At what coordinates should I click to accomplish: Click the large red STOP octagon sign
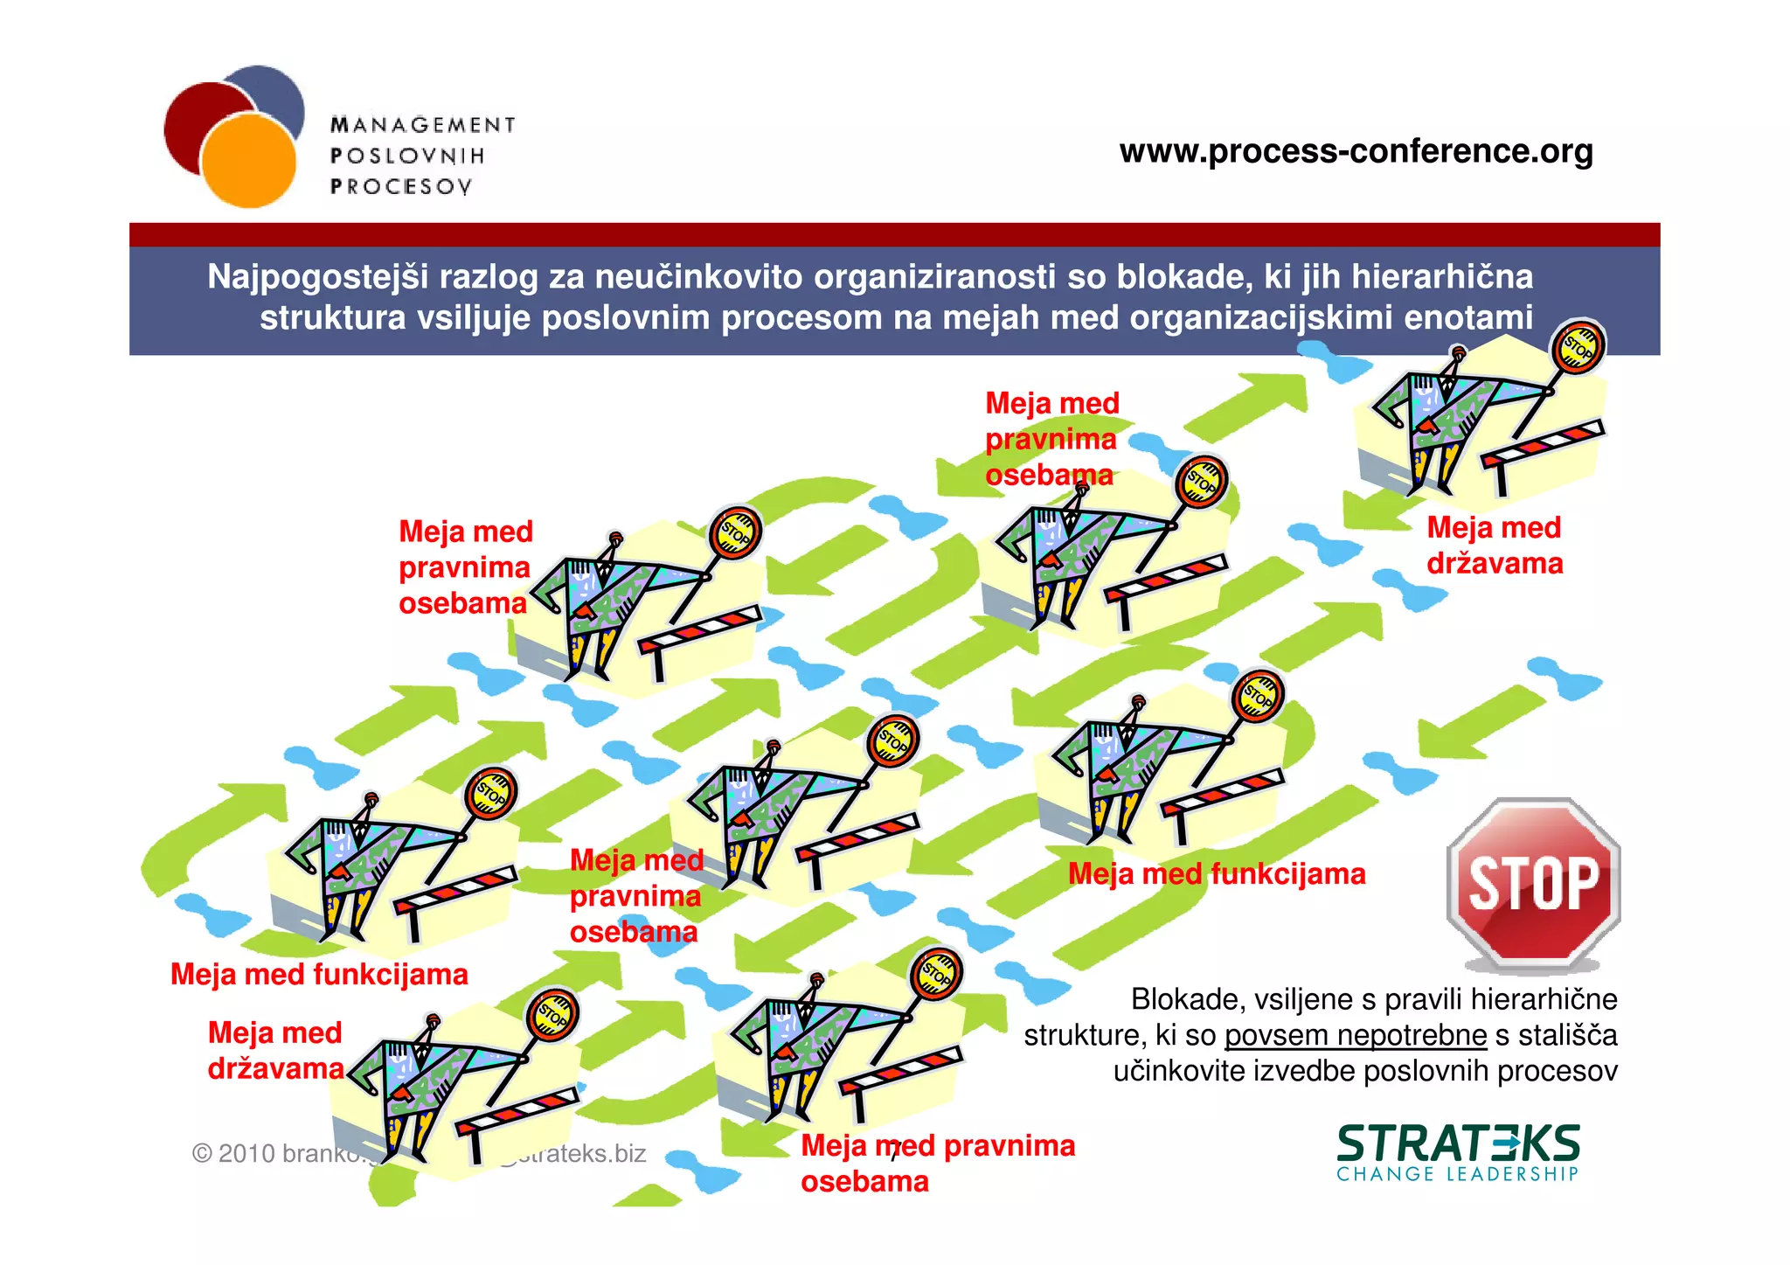coord(1534,884)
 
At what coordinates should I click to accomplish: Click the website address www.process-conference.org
coord(1356,151)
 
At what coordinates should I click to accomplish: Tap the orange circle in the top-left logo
coord(249,161)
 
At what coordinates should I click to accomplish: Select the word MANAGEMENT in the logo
coord(423,125)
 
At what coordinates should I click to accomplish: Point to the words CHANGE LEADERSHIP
coord(1458,1174)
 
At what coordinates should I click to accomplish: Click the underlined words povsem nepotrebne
coord(1355,1035)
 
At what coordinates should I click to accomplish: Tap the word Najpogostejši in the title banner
coord(318,277)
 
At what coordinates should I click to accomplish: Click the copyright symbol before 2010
coord(201,1154)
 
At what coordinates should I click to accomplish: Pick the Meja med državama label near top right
coord(1495,546)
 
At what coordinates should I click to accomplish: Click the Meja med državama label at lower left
coord(275,1051)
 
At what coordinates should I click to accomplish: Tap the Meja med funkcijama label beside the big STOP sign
coord(1217,873)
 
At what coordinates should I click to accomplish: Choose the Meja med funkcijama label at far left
coord(319,974)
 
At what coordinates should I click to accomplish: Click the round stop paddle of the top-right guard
coord(1578,347)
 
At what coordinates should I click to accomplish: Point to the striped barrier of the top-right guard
coord(1544,443)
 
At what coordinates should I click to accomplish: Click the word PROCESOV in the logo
coord(401,186)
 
